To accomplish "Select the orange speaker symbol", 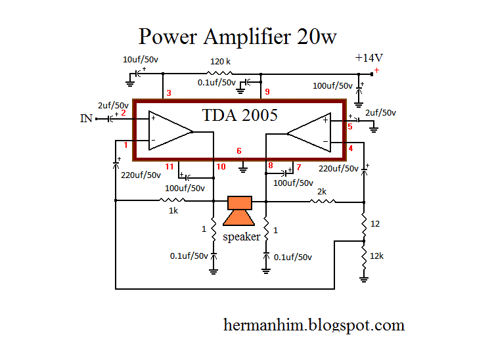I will click(238, 211).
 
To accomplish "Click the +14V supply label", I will click(369, 58).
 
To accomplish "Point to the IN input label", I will click(86, 118).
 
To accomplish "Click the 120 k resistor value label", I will click(219, 60).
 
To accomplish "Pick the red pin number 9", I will click(267, 91).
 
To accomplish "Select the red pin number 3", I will click(169, 94).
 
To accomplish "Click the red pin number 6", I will click(239, 151).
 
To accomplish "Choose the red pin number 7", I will click(298, 167).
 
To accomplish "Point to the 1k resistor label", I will click(173, 212).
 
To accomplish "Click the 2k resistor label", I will click(322, 191).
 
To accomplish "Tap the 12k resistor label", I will click(377, 256).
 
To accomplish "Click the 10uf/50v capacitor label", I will click(145, 60).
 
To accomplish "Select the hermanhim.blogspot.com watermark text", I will click(314, 325).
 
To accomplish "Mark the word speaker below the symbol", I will click(241, 236).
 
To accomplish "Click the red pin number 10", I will click(221, 167).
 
